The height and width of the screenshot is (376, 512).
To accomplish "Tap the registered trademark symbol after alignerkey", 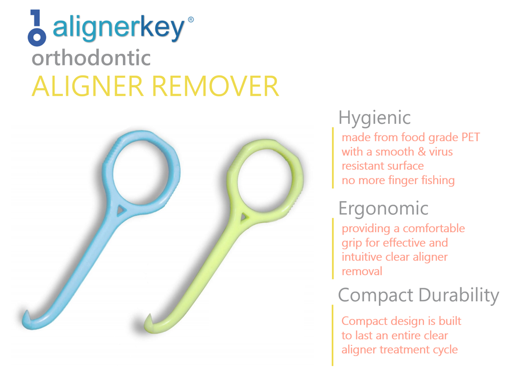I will (191, 20).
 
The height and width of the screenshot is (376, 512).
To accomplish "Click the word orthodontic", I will (91, 58).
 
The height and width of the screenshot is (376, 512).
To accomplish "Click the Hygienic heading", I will (374, 118).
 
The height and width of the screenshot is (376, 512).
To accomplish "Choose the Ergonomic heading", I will (383, 208).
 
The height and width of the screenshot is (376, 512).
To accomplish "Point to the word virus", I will (439, 151).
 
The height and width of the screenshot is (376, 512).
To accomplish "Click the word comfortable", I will (434, 228).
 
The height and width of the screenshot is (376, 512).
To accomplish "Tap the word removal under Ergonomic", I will (362, 271).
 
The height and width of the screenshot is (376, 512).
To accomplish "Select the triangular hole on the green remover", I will (245, 217).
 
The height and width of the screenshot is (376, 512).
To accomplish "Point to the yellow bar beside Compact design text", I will (333, 335).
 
